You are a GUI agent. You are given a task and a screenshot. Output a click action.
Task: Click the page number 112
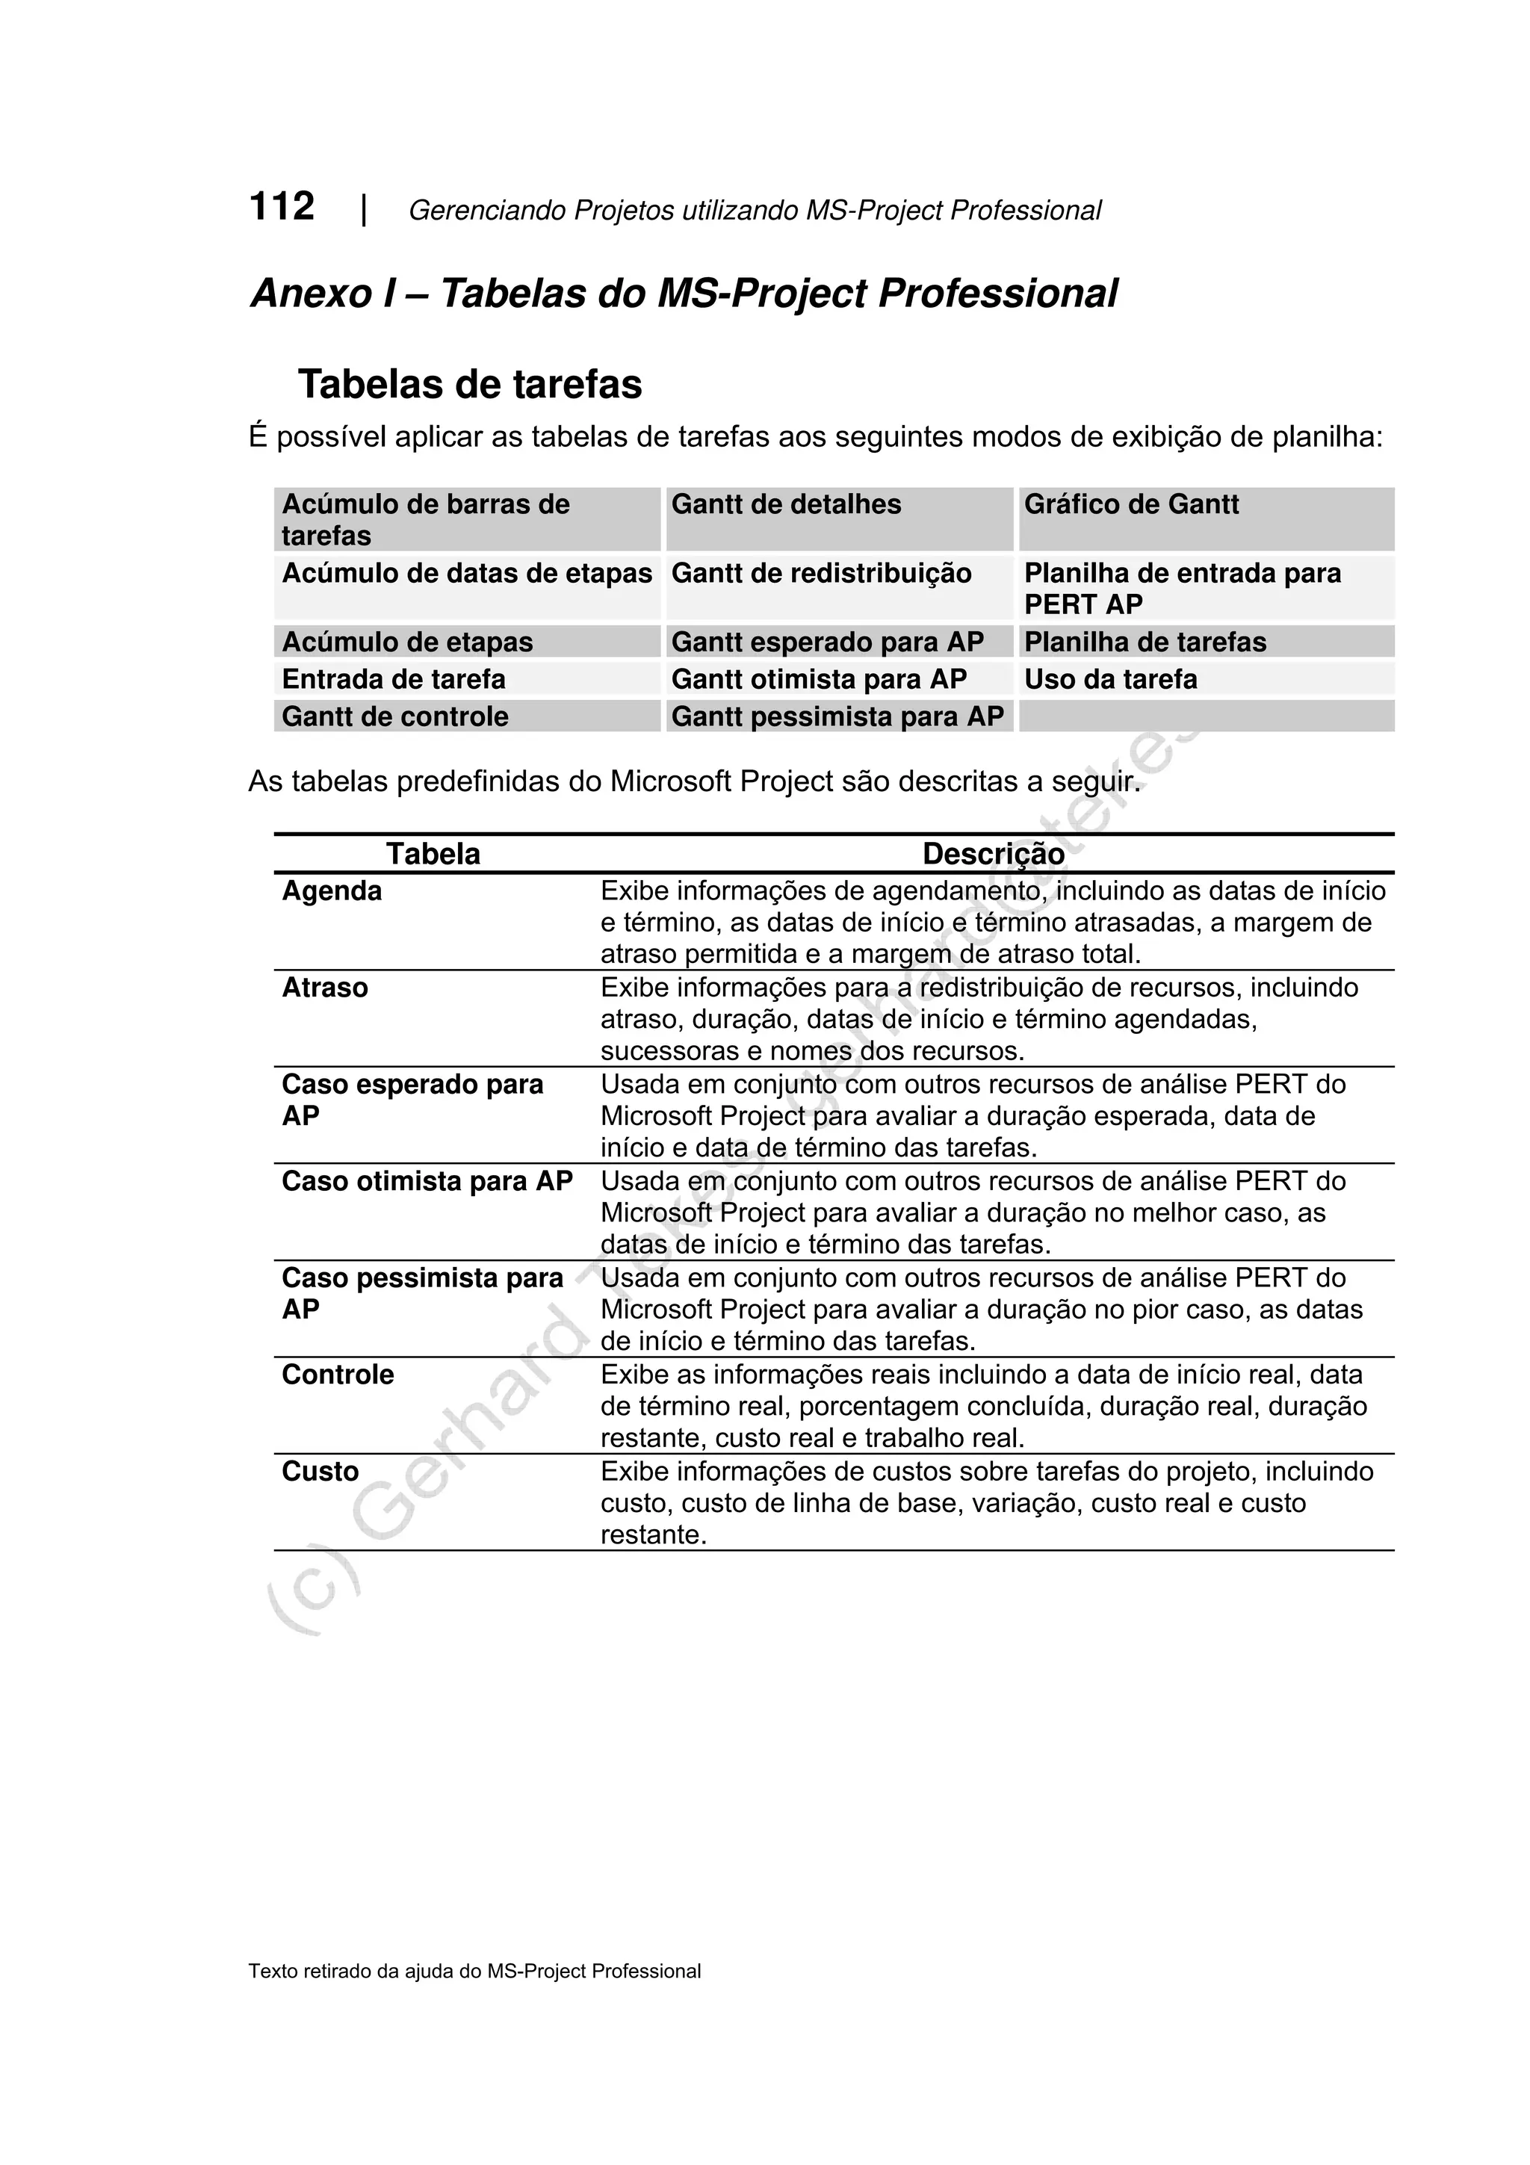click(x=281, y=206)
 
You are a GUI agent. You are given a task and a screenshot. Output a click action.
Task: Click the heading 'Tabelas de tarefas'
click(x=469, y=385)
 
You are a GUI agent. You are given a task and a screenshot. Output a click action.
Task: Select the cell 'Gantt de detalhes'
click(x=785, y=506)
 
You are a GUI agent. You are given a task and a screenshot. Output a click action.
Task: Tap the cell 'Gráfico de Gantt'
click(x=1130, y=506)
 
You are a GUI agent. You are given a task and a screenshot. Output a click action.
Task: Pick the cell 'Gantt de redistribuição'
click(x=820, y=574)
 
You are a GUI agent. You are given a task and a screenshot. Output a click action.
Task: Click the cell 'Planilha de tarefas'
click(x=1145, y=643)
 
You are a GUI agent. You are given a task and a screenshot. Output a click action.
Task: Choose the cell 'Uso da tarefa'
click(x=1109, y=680)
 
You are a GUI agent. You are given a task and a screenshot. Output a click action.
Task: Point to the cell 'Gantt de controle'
click(x=395, y=718)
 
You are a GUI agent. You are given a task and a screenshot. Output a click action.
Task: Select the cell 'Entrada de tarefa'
click(x=393, y=680)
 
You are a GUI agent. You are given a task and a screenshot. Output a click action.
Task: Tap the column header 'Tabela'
click(x=433, y=855)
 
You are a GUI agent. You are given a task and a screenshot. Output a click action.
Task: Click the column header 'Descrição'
click(x=993, y=855)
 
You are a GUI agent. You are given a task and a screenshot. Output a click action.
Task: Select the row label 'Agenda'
click(x=332, y=892)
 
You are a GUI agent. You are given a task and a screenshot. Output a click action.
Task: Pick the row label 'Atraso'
click(x=324, y=988)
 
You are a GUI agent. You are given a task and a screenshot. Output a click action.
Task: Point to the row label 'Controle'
click(x=338, y=1375)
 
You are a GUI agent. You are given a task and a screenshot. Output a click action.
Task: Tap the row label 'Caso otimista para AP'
click(x=427, y=1182)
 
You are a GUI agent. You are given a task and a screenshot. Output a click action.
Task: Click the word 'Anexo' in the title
click(x=311, y=294)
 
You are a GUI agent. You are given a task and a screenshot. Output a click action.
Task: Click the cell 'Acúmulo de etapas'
click(x=407, y=643)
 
